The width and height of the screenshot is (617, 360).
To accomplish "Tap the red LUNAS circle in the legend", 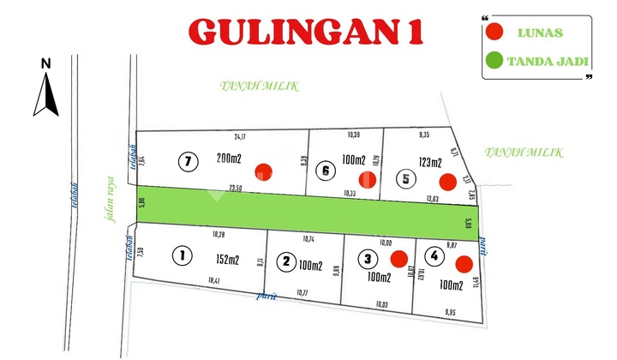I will pos(494,33).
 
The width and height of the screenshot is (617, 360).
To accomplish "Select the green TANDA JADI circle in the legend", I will pos(494,62).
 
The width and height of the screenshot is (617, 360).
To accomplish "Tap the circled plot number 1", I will pos(181,255).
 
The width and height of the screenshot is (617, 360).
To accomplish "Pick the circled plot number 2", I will pos(288,261).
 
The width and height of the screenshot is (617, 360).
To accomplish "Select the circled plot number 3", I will pos(368,258).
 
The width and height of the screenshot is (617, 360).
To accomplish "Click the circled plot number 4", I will pos(436,255).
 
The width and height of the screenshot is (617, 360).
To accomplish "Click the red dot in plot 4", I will pos(464,263).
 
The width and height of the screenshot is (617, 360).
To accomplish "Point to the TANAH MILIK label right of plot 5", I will pos(524,153).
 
